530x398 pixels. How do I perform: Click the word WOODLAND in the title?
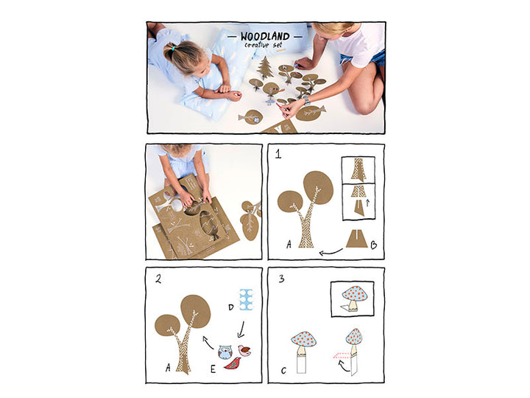pyautogui.click(x=265, y=36)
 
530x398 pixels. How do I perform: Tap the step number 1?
pyautogui.click(x=278, y=154)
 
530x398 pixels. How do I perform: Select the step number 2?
pyautogui.click(x=158, y=279)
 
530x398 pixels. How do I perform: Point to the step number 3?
pyautogui.click(x=281, y=279)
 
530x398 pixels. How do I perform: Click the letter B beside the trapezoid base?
pyautogui.click(x=374, y=245)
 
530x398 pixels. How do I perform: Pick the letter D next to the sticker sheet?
pyautogui.click(x=231, y=307)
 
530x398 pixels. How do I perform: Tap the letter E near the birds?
pyautogui.click(x=213, y=369)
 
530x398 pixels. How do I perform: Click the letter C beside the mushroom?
pyautogui.click(x=283, y=371)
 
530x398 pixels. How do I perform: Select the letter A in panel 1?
pyautogui.click(x=289, y=244)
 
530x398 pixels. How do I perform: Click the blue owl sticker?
pyautogui.click(x=225, y=352)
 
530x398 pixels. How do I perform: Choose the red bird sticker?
pyautogui.click(x=233, y=364)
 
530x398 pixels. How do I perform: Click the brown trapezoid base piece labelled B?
pyautogui.click(x=356, y=239)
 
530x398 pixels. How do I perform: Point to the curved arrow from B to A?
pyautogui.click(x=331, y=253)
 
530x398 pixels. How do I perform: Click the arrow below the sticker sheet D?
pyautogui.click(x=241, y=329)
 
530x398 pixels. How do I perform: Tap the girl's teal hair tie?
pyautogui.click(x=173, y=49)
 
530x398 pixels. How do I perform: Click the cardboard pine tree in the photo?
pyautogui.click(x=265, y=68)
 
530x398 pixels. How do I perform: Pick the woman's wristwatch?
pyautogui.click(x=306, y=99)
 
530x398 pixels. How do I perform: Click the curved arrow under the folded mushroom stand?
pyautogui.click(x=344, y=366)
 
